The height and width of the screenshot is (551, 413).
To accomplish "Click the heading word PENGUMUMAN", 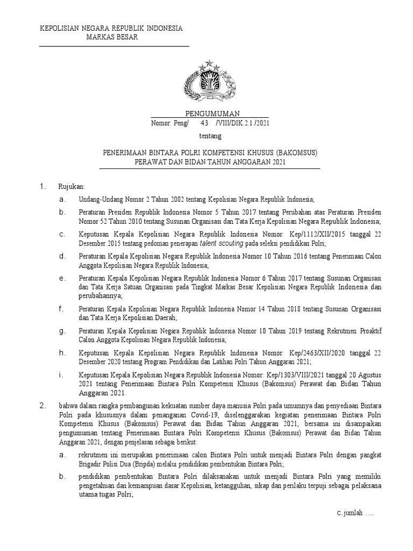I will [209, 114].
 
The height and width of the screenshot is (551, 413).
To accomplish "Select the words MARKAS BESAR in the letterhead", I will [112, 37].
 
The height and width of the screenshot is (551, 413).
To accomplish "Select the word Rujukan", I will [72, 187].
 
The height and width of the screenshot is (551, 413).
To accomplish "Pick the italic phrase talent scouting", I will [215, 243].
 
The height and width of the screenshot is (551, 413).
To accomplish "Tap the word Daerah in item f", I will [164, 317].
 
